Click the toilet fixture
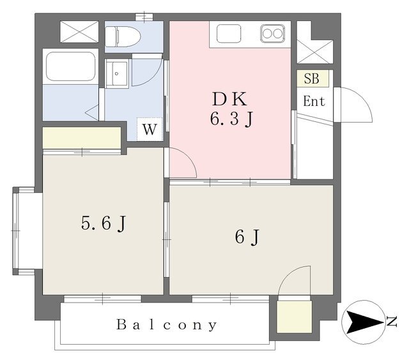click(123, 36)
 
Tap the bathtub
click(70, 66)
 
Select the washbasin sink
click(116, 73)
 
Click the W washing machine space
click(150, 129)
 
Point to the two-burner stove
click(272, 34)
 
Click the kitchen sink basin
click(229, 34)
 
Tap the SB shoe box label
click(313, 79)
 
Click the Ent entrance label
click(314, 101)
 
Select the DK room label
click(229, 99)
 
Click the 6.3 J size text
click(231, 119)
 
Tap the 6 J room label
click(247, 237)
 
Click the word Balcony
click(166, 325)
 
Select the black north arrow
click(364, 322)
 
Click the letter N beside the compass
click(392, 322)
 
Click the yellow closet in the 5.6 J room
click(82, 137)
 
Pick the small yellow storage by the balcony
click(295, 317)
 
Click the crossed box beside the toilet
click(79, 31)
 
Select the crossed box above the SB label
click(315, 52)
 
